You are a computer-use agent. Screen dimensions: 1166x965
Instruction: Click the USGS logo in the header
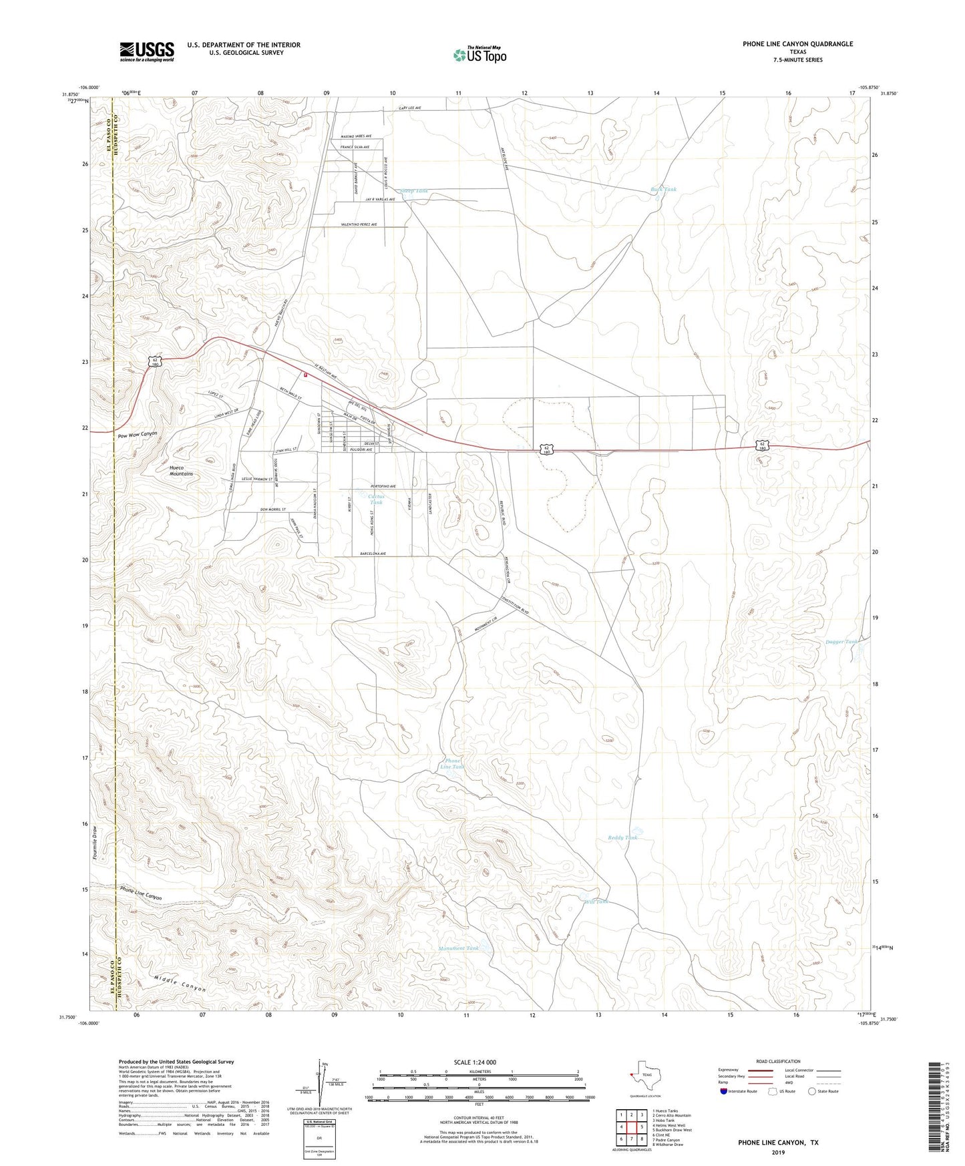[x=147, y=51]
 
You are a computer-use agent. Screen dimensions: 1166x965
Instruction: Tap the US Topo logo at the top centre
[x=479, y=54]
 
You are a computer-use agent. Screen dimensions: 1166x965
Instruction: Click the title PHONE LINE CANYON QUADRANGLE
[x=797, y=44]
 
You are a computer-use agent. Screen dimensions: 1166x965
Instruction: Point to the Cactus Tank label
[x=377, y=499]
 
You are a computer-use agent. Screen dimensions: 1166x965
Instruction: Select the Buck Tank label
[x=663, y=190]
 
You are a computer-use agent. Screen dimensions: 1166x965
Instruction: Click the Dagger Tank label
[x=841, y=642]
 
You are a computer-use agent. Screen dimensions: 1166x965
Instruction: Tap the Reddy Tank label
[x=622, y=837]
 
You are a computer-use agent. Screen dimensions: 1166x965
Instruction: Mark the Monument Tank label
[x=459, y=948]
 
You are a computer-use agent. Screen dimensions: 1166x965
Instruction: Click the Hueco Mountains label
[x=181, y=471]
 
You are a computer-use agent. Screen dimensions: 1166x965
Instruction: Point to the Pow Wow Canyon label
[x=138, y=434]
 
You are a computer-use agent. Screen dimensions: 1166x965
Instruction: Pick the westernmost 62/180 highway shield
[x=155, y=361]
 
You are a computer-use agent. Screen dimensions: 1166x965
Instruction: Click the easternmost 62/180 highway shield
[x=763, y=445]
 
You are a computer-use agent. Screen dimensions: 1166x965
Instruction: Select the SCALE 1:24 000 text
[x=475, y=1062]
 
